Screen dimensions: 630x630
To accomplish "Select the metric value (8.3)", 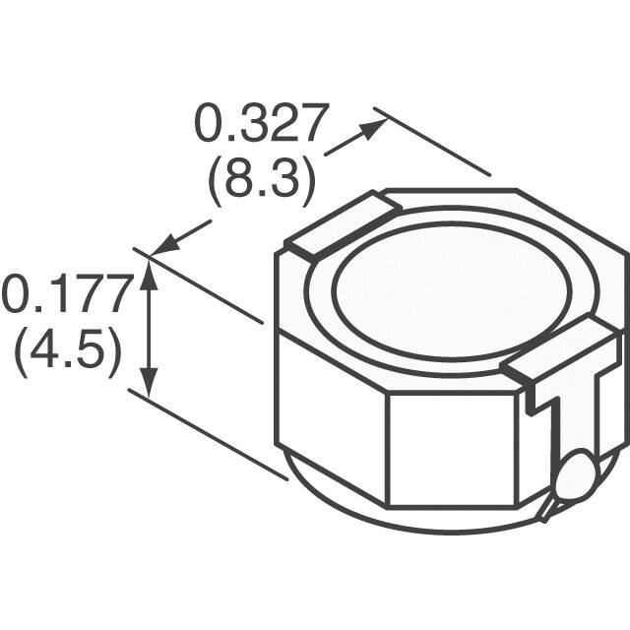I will [261, 180].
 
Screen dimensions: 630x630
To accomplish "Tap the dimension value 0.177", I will [67, 295].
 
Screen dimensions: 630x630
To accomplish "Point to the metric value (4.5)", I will [67, 350].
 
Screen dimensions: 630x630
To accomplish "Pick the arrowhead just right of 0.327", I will [373, 129].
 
